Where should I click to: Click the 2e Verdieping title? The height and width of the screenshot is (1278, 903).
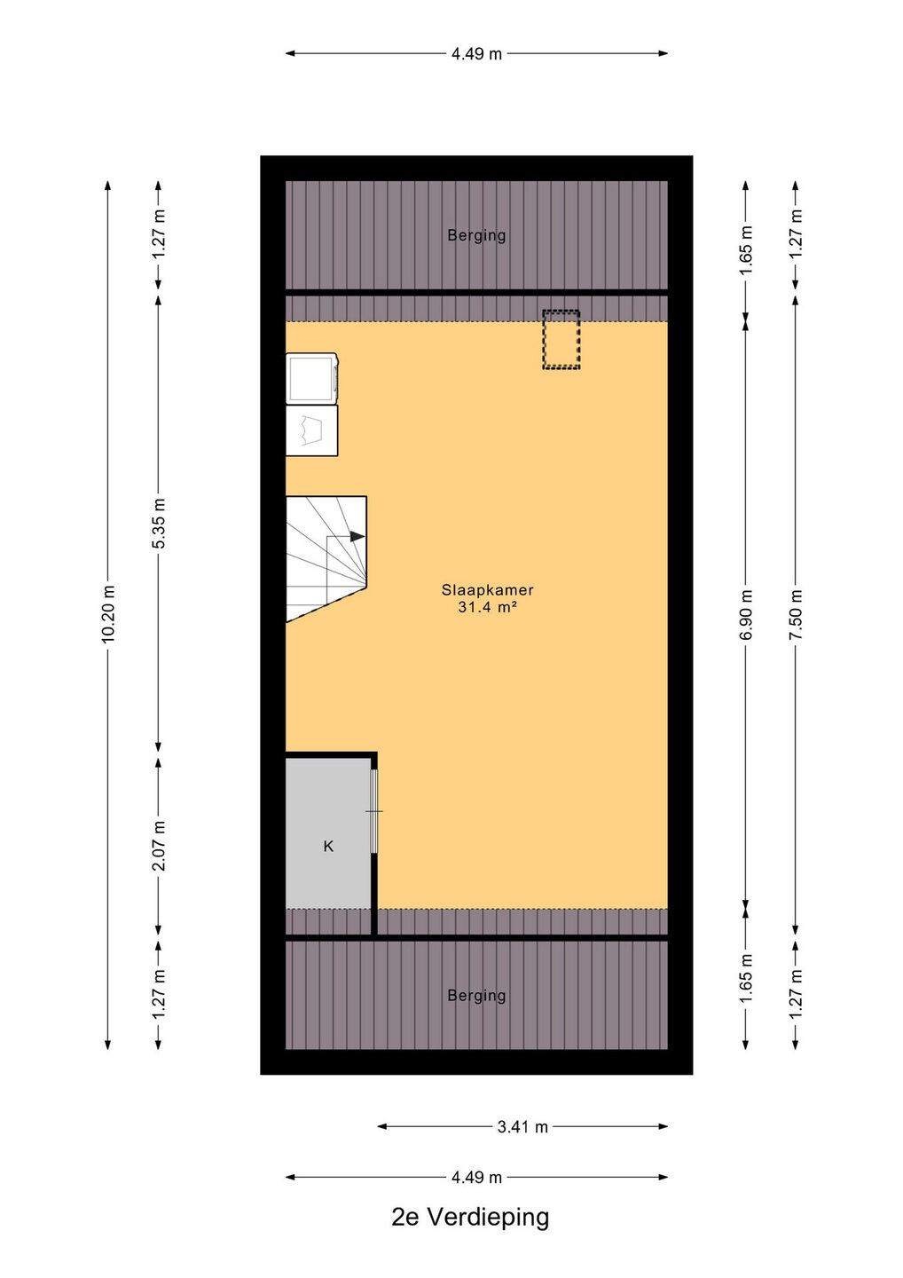tap(470, 1218)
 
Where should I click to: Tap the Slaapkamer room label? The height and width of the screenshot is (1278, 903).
tap(487, 590)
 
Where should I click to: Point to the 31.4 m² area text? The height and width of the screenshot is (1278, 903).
tap(487, 607)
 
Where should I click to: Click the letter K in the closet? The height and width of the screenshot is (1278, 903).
tap(328, 846)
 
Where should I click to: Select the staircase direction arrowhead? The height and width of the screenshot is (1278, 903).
tap(357, 536)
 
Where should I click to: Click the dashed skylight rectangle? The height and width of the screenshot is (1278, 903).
tap(561, 339)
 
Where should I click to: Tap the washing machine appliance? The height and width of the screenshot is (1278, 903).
tap(312, 378)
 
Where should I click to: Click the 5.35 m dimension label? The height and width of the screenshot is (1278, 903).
tap(159, 524)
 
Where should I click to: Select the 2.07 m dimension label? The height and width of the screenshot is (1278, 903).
tap(159, 846)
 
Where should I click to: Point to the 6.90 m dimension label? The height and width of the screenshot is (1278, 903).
tap(746, 614)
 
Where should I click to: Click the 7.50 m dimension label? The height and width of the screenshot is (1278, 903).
tap(796, 614)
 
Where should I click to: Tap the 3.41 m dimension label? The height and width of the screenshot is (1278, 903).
tap(522, 1127)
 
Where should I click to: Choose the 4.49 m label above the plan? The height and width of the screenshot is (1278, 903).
tap(476, 53)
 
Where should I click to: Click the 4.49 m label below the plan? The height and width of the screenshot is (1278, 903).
tap(476, 1177)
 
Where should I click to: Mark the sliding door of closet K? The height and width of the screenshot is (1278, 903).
tap(374, 811)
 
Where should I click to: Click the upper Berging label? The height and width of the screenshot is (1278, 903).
tap(476, 235)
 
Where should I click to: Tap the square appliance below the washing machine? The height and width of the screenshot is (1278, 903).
tap(312, 430)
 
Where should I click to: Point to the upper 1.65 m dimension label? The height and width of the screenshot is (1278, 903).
tap(746, 250)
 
